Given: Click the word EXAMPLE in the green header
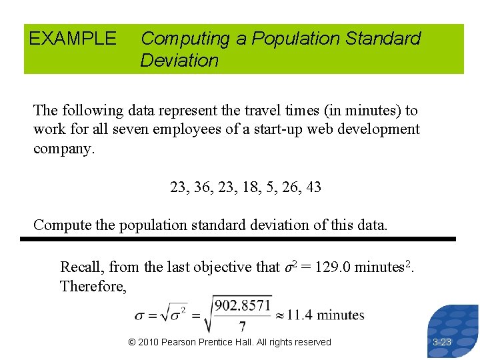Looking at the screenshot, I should pyautogui.click(x=72, y=39).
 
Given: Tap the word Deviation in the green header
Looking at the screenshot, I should pyautogui.click(x=179, y=61).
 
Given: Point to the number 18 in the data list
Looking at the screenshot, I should pyautogui.click(x=251, y=187).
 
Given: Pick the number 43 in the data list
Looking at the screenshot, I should pyautogui.click(x=312, y=187).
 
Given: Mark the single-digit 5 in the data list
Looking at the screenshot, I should pyautogui.click(x=270, y=187).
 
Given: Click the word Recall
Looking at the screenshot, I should pyautogui.click(x=81, y=267).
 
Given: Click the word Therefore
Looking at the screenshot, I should pyautogui.click(x=91, y=286).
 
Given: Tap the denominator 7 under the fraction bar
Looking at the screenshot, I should pyautogui.click(x=241, y=326).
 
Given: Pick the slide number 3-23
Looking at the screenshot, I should pyautogui.click(x=441, y=342).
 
